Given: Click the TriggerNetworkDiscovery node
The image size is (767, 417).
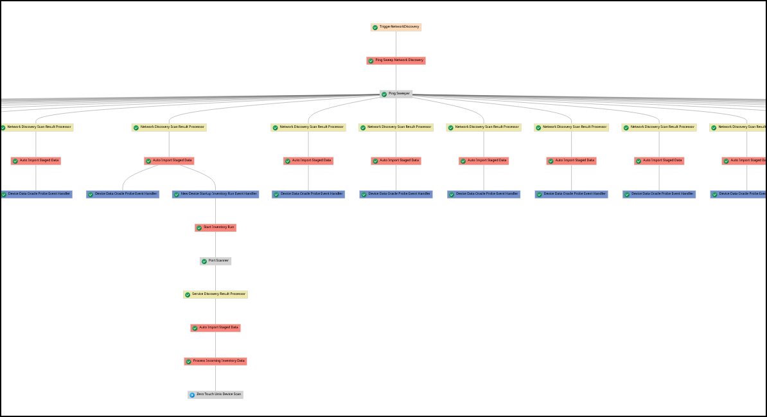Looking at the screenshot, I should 396,27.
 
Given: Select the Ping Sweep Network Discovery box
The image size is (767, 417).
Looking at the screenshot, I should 396,60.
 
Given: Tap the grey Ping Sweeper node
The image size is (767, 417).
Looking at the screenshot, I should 396,94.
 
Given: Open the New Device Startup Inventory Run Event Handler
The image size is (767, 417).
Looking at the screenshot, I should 216,194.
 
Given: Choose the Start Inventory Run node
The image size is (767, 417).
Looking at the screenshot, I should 216,227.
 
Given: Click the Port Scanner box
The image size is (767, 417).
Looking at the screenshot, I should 216,261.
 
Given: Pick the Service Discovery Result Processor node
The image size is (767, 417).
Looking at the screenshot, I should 216,294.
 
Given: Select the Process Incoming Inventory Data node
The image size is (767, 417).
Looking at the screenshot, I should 216,361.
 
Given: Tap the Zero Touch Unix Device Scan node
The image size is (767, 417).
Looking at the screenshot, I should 216,395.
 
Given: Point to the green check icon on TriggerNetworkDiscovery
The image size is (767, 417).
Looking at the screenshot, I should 375,28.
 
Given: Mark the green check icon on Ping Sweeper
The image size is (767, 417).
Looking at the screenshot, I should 384,94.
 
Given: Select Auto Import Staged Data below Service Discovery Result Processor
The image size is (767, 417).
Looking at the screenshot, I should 216,328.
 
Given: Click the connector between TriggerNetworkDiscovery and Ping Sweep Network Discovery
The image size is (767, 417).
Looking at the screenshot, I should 396,44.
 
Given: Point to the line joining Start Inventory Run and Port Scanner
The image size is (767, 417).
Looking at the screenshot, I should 216,244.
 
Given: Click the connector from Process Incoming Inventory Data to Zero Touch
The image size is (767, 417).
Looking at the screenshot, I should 216,378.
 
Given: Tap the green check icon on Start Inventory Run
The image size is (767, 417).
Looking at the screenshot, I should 199,228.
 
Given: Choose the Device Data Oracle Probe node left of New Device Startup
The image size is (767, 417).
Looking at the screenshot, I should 123,194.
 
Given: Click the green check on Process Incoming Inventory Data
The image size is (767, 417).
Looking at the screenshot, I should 188,362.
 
